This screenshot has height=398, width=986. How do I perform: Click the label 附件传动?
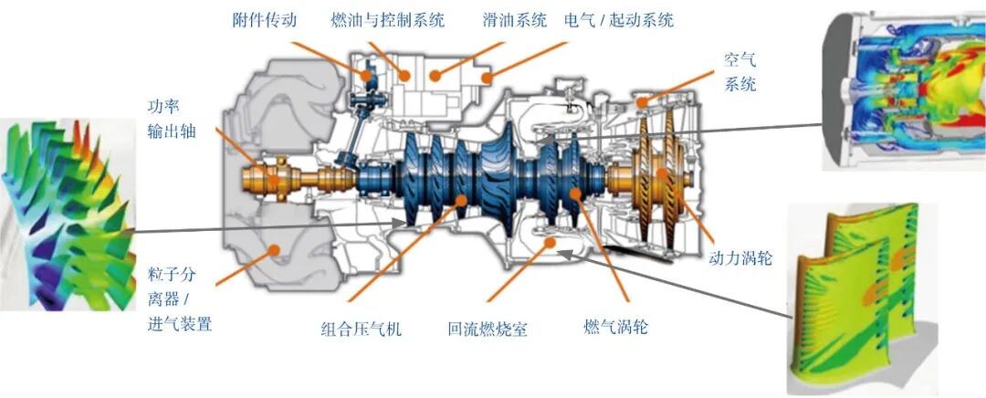tap(264, 20)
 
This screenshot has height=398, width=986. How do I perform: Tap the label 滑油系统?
tap(514, 20)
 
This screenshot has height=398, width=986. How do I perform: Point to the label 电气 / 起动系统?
tap(619, 20)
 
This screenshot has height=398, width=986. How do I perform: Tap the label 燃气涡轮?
tap(615, 327)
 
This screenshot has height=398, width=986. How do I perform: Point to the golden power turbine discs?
tap(657, 178)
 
